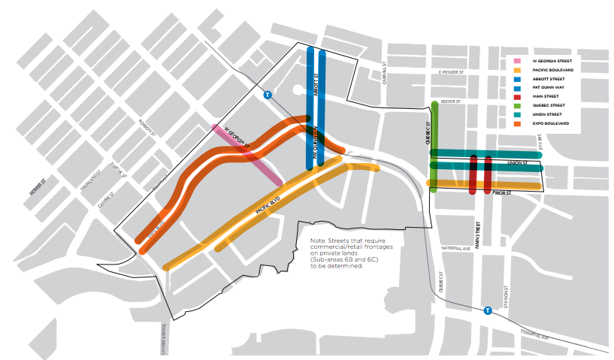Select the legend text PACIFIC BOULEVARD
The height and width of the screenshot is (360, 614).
click(x=552, y=69)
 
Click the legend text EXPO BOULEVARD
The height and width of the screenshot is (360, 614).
click(x=550, y=123)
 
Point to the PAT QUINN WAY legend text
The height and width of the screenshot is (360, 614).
click(x=549, y=87)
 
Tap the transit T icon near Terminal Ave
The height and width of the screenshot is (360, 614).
click(x=488, y=310)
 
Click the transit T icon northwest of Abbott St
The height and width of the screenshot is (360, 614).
click(x=268, y=95)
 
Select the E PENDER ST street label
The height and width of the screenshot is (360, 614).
click(x=448, y=73)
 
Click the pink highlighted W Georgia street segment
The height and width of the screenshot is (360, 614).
click(x=248, y=154)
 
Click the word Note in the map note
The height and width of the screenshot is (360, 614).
click(x=318, y=241)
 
